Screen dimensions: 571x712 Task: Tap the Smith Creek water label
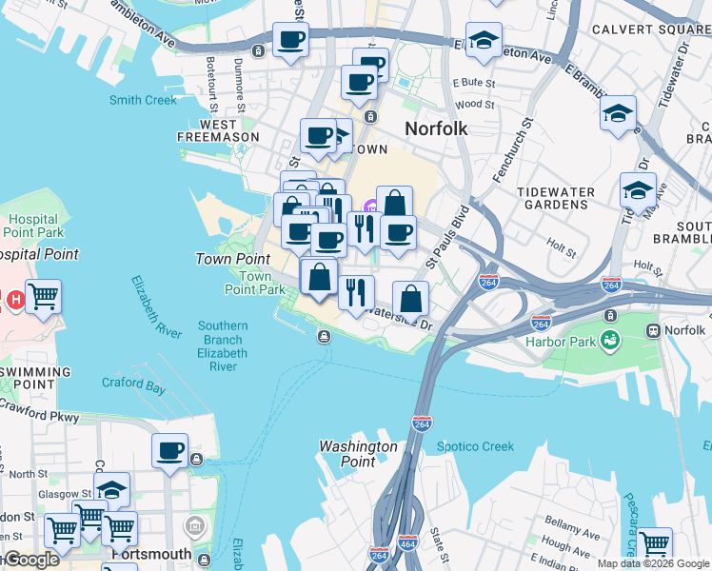144,100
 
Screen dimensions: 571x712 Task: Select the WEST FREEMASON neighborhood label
218,130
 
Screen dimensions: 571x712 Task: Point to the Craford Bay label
133,385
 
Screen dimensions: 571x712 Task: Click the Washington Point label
358,454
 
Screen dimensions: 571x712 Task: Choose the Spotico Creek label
475,446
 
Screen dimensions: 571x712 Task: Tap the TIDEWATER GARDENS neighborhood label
556,199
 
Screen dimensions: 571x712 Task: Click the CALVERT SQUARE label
652,30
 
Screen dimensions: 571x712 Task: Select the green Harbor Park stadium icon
610,339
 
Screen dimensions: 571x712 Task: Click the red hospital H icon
14,300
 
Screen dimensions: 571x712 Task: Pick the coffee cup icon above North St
170,450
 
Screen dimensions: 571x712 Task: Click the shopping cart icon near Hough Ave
655,543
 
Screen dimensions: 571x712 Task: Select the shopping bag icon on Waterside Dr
410,299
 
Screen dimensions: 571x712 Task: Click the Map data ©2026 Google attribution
653,563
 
